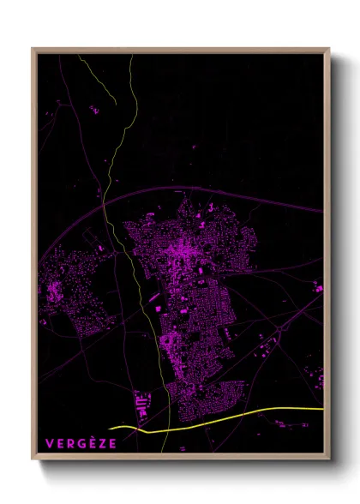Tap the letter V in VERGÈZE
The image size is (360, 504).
coord(49,443)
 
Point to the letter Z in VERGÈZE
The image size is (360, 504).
coord(101,443)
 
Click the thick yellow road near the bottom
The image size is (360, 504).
coord(240,417)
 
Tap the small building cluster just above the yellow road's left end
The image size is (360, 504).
coord(142,402)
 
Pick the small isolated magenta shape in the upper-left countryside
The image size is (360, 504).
coord(94,109)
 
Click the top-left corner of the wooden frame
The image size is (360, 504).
coord(33,49)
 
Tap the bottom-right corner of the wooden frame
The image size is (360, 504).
coord(329,459)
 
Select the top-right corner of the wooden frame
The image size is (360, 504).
coord(329,49)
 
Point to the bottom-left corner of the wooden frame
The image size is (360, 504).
coord(33,459)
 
